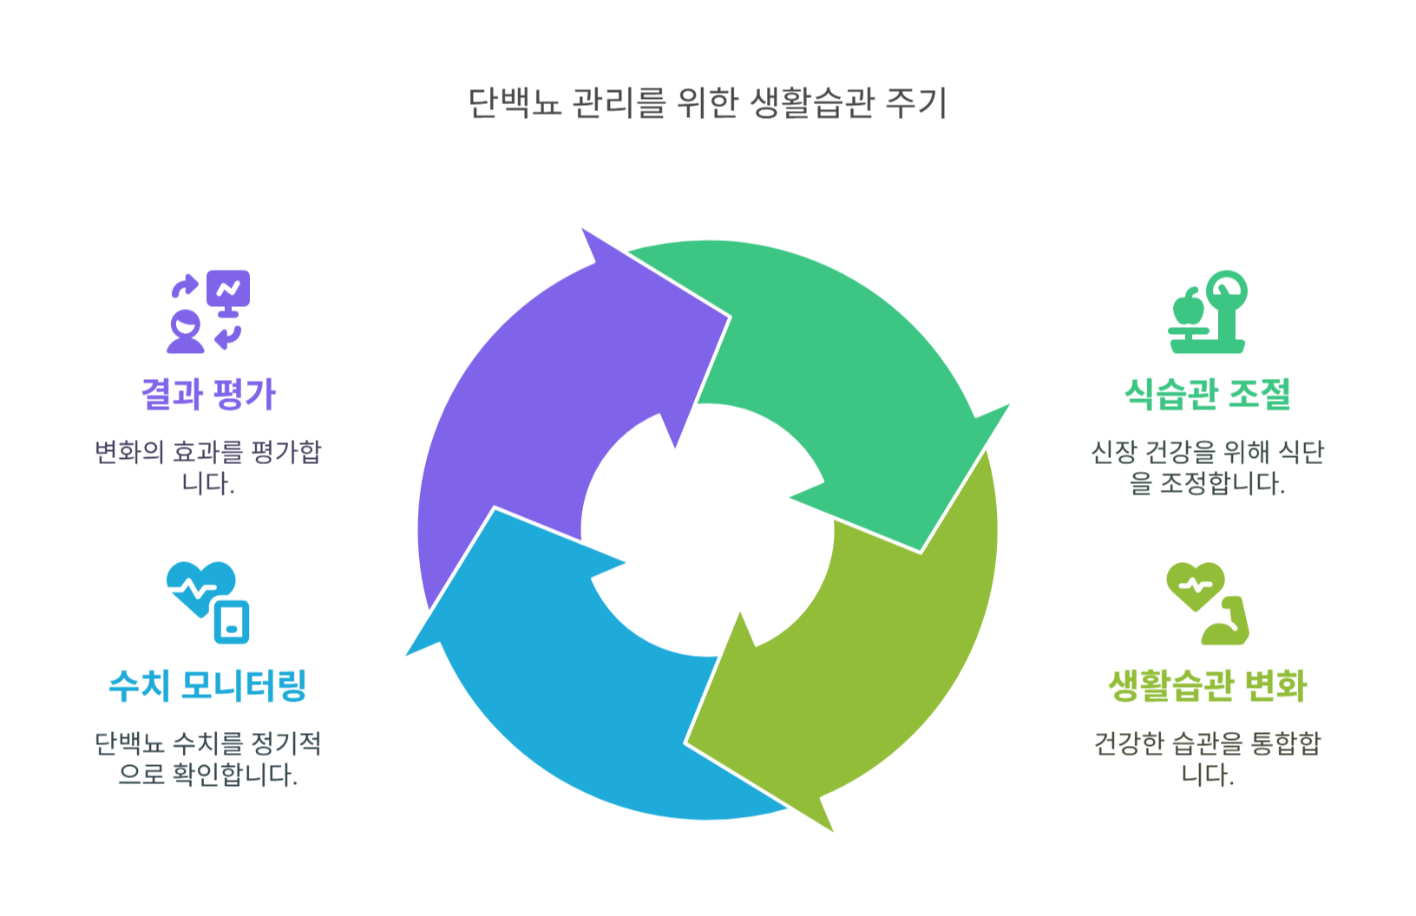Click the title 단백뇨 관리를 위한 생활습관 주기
point(707,103)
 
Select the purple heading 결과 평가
point(208,395)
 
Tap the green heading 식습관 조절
point(1207,395)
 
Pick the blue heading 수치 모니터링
point(208,685)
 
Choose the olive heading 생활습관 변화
point(1207,685)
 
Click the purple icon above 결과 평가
point(208,311)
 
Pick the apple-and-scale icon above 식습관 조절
point(1207,311)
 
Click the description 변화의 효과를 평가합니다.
point(208,468)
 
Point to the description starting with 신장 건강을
point(1207,468)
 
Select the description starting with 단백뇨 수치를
point(208,758)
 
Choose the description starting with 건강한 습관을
point(1207,758)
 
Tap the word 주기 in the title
point(916,103)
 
